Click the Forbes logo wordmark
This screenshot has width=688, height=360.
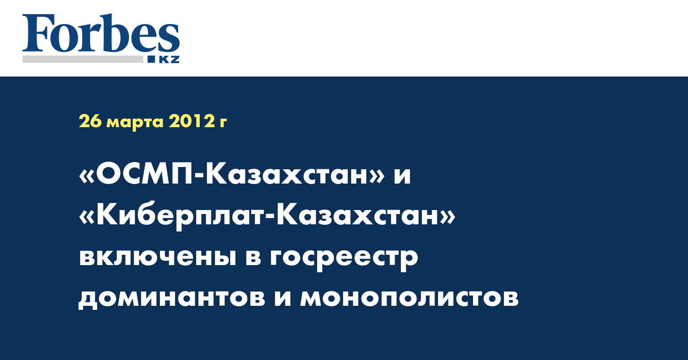coord(101,33)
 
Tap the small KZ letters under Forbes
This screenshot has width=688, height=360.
coord(169,60)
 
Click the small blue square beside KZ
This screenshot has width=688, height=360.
coord(151,59)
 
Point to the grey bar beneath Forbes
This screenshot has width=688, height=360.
coord(82,59)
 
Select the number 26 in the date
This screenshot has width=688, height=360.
coord(90,121)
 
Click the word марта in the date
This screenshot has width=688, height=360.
coord(135,123)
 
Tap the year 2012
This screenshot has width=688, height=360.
coord(191,121)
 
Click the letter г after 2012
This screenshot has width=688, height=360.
coord(223,123)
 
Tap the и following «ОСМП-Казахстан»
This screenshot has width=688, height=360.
coord(402,178)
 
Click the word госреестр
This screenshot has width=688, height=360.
coord(344,260)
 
